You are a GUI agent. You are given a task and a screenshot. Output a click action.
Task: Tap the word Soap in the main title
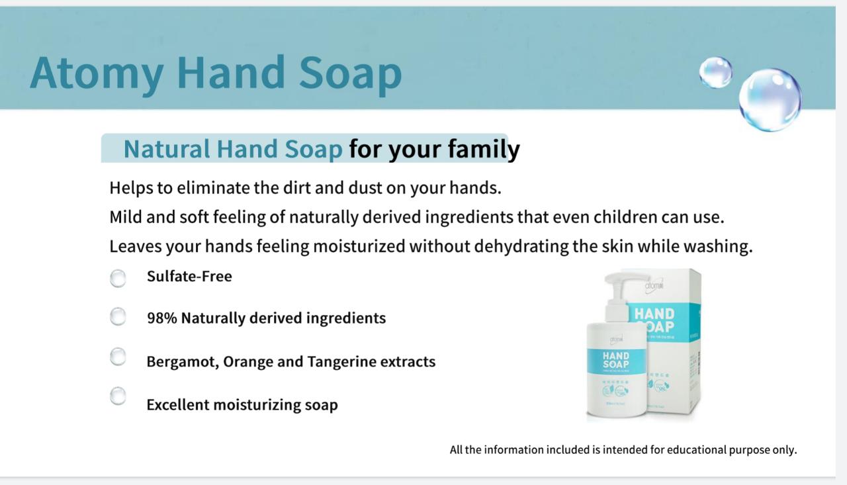pyautogui.click(x=350, y=72)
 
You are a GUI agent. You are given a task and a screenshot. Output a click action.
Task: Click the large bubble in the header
pyautogui.click(x=770, y=100)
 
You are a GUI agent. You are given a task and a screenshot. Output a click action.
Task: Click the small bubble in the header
pyautogui.click(x=715, y=72)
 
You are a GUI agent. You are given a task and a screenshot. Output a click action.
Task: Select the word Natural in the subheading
pyautogui.click(x=166, y=150)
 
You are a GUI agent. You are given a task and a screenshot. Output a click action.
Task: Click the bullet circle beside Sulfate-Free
pyautogui.click(x=118, y=279)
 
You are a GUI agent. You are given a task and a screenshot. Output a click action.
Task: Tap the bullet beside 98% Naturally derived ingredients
pyautogui.click(x=118, y=317)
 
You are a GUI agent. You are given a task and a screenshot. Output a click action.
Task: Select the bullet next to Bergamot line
pyautogui.click(x=118, y=357)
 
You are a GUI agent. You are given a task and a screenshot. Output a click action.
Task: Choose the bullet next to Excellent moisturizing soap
pyautogui.click(x=118, y=396)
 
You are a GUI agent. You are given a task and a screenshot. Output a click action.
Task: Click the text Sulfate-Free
pyautogui.click(x=189, y=277)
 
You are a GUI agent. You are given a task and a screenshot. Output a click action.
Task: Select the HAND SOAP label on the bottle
pyautogui.click(x=615, y=361)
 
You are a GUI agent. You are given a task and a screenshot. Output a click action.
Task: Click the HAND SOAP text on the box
pyautogui.click(x=654, y=320)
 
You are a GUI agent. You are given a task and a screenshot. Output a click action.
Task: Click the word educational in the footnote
pyautogui.click(x=696, y=450)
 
